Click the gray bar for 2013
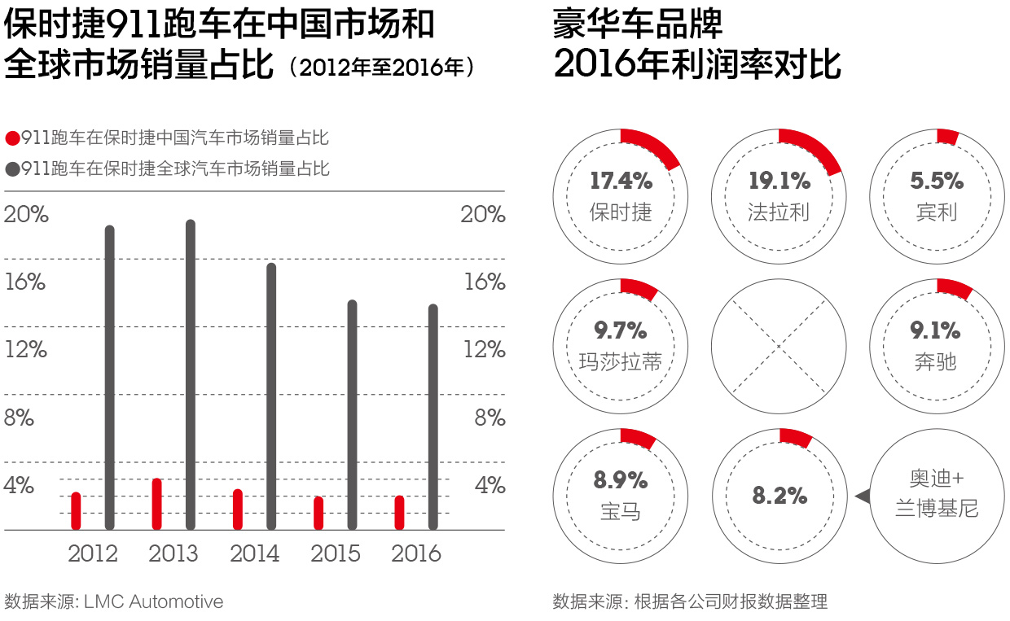click(x=191, y=374)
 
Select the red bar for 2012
click(x=76, y=511)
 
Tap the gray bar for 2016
click(x=433, y=417)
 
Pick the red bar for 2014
click(x=238, y=509)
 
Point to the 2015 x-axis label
click(x=336, y=554)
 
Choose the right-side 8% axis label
click(x=490, y=418)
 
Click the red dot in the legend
click(x=12, y=138)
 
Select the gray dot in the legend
click(x=12, y=169)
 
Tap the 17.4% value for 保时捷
click(x=621, y=181)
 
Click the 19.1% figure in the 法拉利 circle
click(x=779, y=181)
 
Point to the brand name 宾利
click(x=937, y=212)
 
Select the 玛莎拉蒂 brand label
click(x=621, y=361)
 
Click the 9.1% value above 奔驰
click(x=937, y=330)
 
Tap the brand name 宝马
click(x=621, y=511)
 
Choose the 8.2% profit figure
click(x=779, y=496)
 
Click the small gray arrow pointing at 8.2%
click(x=860, y=496)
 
